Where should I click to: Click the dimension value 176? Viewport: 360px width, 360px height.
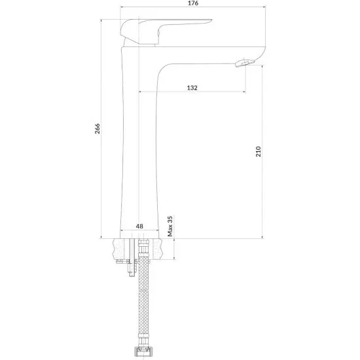pyautogui.click(x=193, y=3)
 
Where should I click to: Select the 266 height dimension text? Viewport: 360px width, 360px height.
pyautogui.click(x=98, y=128)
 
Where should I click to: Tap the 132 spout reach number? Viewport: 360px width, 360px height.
pyautogui.click(x=192, y=88)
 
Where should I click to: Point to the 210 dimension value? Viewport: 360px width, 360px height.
pyautogui.click(x=259, y=152)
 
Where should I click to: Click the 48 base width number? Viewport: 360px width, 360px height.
pyautogui.click(x=139, y=226)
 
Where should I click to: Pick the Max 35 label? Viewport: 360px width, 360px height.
pyautogui.click(x=170, y=226)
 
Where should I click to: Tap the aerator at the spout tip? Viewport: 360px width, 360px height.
pyautogui.click(x=245, y=62)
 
